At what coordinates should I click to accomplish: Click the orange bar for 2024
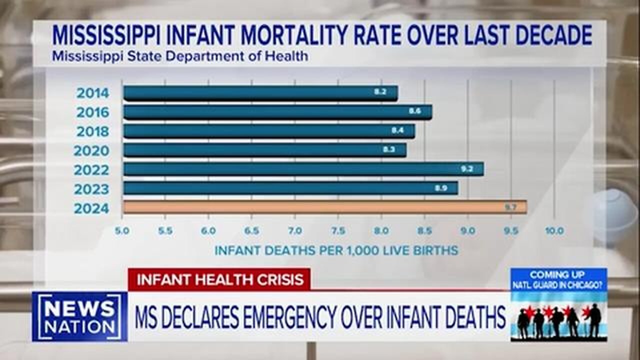pyautogui.click(x=325, y=207)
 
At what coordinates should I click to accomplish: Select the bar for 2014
pyautogui.click(x=260, y=93)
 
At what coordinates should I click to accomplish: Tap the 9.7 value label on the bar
pyautogui.click(x=510, y=207)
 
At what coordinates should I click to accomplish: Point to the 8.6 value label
pyautogui.click(x=415, y=111)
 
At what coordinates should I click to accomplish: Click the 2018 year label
pyautogui.click(x=92, y=131)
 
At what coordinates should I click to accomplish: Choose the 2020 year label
pyautogui.click(x=91, y=150)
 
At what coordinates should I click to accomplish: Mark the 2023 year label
pyautogui.click(x=91, y=189)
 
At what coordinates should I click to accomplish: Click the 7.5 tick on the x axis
pyautogui.click(x=338, y=231)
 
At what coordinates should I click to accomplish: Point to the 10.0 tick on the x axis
pyautogui.click(x=554, y=231)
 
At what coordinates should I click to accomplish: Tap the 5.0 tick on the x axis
pyautogui.click(x=122, y=231)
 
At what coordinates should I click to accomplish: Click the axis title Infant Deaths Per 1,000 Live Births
pyautogui.click(x=336, y=250)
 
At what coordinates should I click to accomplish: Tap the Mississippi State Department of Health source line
pyautogui.click(x=179, y=56)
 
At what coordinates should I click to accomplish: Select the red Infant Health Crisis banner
pyautogui.click(x=219, y=279)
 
